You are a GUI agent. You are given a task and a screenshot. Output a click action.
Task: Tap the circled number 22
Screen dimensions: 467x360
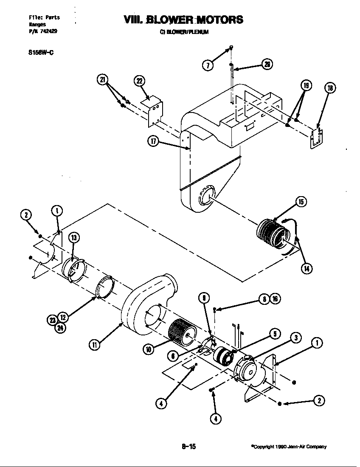tap(139, 81)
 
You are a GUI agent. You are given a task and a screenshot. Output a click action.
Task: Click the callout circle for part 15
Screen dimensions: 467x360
tap(301, 202)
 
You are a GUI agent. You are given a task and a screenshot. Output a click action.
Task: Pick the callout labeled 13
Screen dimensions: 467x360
tap(74, 238)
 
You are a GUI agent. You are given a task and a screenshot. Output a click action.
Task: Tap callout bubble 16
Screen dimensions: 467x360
tap(275, 299)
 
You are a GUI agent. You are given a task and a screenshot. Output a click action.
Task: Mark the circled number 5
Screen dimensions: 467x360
tap(275, 334)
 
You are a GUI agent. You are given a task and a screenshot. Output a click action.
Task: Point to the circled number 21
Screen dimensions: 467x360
tap(102, 79)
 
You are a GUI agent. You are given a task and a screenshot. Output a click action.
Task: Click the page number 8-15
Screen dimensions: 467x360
tap(188, 446)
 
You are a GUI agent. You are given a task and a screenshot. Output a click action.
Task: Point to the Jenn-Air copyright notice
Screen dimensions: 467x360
tap(289, 447)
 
